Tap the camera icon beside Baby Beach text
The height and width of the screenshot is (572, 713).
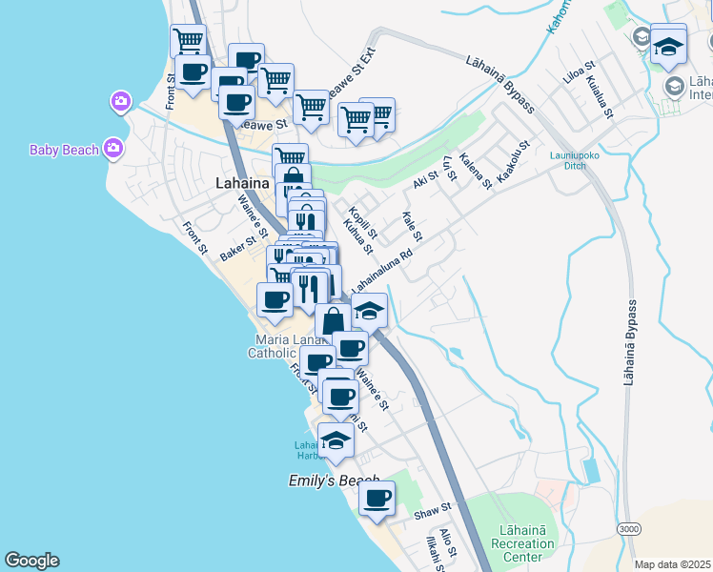[113, 148]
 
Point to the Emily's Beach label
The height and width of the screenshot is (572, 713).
[334, 481]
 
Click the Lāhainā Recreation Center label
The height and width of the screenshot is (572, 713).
[521, 542]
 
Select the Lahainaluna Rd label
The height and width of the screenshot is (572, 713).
[381, 272]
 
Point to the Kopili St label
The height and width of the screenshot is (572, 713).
[364, 222]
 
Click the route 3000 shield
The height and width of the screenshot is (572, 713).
[627, 528]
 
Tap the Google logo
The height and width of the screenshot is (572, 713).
[31, 561]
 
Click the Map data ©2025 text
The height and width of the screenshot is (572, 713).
[672, 564]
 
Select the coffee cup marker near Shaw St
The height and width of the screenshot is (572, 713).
[377, 498]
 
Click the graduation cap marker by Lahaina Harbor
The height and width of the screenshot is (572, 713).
[336, 439]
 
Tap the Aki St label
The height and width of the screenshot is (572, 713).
[425, 178]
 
